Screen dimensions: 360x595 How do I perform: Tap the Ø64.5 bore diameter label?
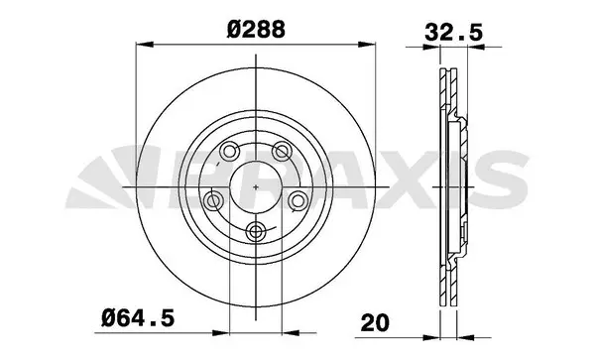pyautogui.click(x=138, y=320)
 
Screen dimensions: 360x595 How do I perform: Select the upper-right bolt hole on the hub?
pyautogui.click(x=282, y=152)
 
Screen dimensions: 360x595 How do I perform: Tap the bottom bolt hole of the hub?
pyautogui.click(x=256, y=232)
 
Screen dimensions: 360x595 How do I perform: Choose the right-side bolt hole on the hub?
pyautogui.click(x=298, y=201)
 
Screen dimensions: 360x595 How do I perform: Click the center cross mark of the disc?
pyautogui.click(x=256, y=186)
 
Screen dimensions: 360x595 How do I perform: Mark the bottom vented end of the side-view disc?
pyautogui.click(x=442, y=292)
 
